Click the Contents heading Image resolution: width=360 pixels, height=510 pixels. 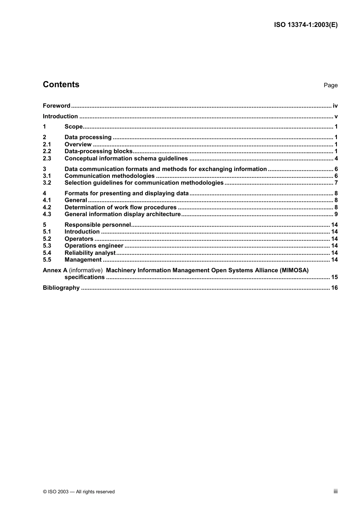61,85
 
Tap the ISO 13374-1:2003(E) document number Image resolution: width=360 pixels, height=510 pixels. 305,25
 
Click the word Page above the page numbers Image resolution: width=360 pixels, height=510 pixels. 330,85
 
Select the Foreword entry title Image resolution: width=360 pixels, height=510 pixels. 56,106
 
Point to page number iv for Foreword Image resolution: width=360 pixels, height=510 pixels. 335,106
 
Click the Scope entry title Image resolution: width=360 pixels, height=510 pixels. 74,127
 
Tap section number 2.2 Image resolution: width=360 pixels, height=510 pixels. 47,151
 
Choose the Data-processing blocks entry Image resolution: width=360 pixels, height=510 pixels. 99,151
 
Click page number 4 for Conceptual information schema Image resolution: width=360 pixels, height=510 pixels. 336,158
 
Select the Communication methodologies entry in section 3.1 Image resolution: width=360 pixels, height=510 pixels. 110,176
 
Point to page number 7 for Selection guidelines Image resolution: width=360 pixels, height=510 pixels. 336,183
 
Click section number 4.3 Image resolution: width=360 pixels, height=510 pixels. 47,214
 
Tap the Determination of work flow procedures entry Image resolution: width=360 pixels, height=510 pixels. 121,207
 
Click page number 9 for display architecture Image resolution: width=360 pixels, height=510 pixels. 336,214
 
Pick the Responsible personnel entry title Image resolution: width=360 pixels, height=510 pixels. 98,225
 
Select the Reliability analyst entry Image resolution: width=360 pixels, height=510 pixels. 90,253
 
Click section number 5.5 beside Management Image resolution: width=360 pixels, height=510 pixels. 47,260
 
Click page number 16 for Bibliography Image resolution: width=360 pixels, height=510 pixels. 334,288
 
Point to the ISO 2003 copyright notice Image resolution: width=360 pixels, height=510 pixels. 79,492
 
